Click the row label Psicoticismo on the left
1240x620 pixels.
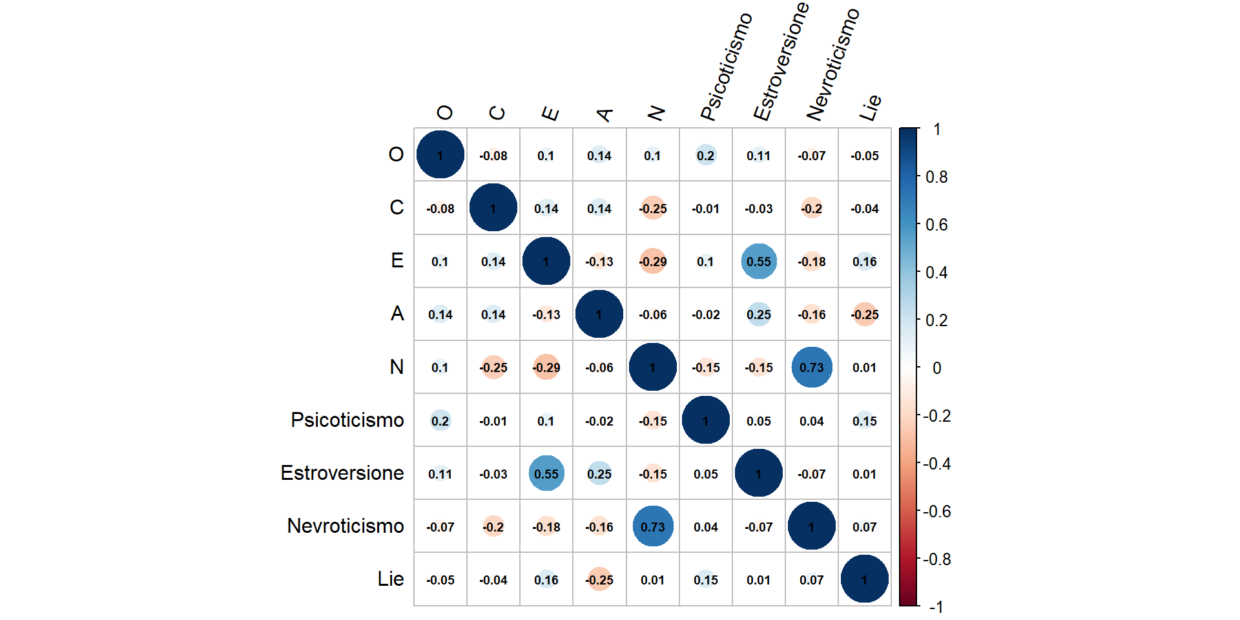(x=347, y=420)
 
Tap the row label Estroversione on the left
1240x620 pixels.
(x=342, y=473)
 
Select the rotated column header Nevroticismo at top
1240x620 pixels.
(x=832, y=65)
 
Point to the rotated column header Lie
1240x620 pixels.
(x=870, y=108)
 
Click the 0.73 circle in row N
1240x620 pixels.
(x=812, y=367)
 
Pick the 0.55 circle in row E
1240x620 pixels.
(x=759, y=262)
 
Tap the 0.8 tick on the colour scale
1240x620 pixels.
(x=936, y=178)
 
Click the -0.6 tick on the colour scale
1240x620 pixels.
(x=936, y=512)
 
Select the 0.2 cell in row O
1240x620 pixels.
(x=706, y=156)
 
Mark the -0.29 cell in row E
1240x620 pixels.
(x=653, y=262)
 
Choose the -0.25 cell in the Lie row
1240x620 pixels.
(x=599, y=580)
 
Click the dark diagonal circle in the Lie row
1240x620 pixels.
(x=865, y=580)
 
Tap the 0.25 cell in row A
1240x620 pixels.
(x=759, y=315)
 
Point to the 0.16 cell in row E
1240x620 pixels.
(x=865, y=262)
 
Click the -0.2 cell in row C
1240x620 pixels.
(x=812, y=209)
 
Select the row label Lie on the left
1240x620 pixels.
(x=391, y=579)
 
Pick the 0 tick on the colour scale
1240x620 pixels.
(x=936, y=369)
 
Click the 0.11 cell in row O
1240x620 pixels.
(x=759, y=156)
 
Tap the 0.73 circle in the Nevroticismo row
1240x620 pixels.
(x=653, y=527)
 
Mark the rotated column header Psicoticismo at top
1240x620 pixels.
(x=726, y=67)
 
